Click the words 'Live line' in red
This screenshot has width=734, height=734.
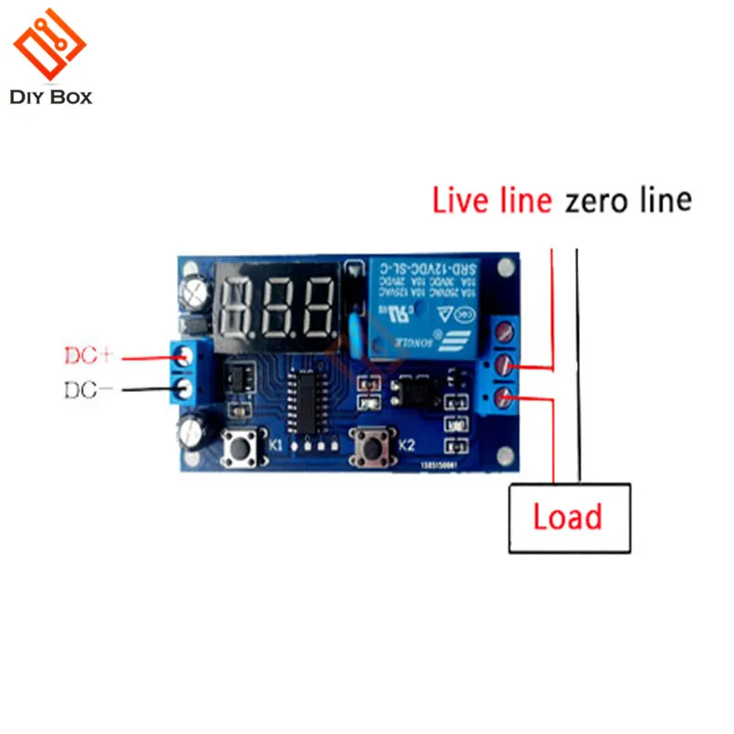[492, 201]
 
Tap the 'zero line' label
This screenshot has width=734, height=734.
[628, 201]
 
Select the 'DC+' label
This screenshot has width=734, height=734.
[89, 355]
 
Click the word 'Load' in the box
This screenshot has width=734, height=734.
[568, 517]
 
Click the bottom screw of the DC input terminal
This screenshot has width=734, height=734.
[185, 389]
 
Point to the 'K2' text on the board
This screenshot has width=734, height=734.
[407, 446]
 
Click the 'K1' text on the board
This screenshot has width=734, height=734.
[274, 446]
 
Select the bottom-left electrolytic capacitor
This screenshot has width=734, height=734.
[197, 431]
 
